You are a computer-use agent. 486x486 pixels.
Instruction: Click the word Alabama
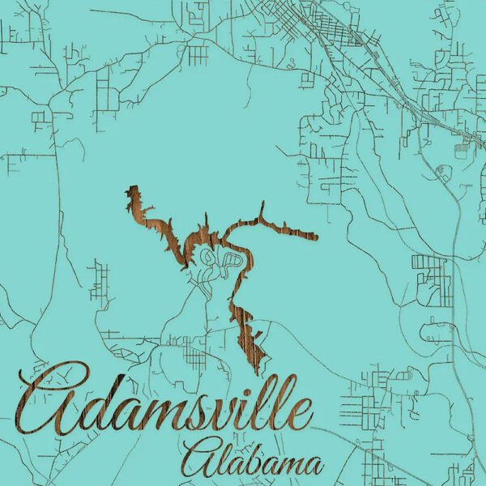[253, 459]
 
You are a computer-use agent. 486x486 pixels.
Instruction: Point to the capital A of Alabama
[198, 458]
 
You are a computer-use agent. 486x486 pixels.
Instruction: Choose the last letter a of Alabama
[313, 466]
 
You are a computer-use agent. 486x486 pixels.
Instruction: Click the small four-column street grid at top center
[198, 54]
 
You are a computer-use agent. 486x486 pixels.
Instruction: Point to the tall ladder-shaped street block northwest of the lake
[100, 279]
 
